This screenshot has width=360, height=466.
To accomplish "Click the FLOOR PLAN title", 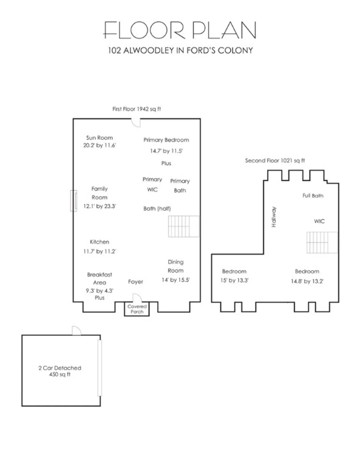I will [180, 30].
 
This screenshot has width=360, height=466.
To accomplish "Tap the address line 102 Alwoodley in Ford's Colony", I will [180, 50].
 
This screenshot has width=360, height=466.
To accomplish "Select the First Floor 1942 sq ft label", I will [136, 109].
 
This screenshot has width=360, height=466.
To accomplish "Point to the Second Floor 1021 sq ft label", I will [275, 161].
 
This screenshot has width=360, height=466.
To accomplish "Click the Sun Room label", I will [99, 138].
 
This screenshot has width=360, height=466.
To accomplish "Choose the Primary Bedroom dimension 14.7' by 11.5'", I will [166, 151].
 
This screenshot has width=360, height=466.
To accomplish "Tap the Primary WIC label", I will [152, 185].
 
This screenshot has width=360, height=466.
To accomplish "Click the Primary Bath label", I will [180, 186].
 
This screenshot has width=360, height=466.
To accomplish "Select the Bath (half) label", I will [157, 208].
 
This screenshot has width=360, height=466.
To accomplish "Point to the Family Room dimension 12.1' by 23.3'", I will [99, 206].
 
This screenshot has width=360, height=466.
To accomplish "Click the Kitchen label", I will [99, 242].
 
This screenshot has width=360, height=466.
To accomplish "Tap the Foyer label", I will [136, 282].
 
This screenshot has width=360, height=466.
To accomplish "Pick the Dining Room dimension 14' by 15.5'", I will [176, 280].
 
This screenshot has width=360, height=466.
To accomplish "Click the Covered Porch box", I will [137, 309].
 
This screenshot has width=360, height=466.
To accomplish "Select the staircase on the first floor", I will [184, 226].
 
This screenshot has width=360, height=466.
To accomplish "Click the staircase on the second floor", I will [322, 242].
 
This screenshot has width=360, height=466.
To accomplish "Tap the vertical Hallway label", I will [274, 217].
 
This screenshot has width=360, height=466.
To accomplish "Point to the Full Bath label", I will [313, 195].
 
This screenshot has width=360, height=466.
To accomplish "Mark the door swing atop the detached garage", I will [76, 331].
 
